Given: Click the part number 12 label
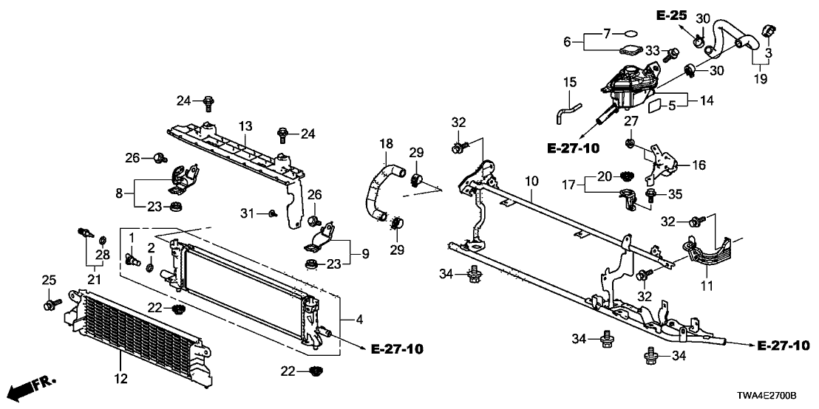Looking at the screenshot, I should (x=120, y=379).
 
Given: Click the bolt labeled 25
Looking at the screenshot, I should (x=50, y=303).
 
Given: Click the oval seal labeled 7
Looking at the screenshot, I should (x=628, y=33).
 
